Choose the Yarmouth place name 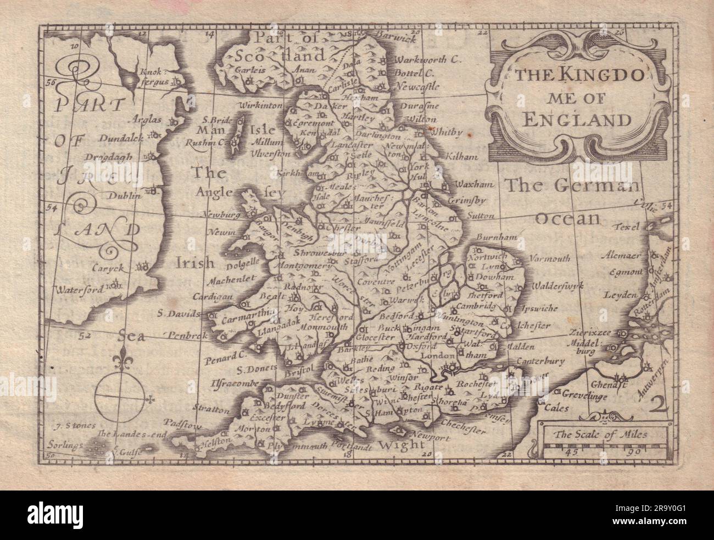pos(550,258)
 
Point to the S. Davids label pos(174,315)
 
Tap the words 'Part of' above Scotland pos(285,37)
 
